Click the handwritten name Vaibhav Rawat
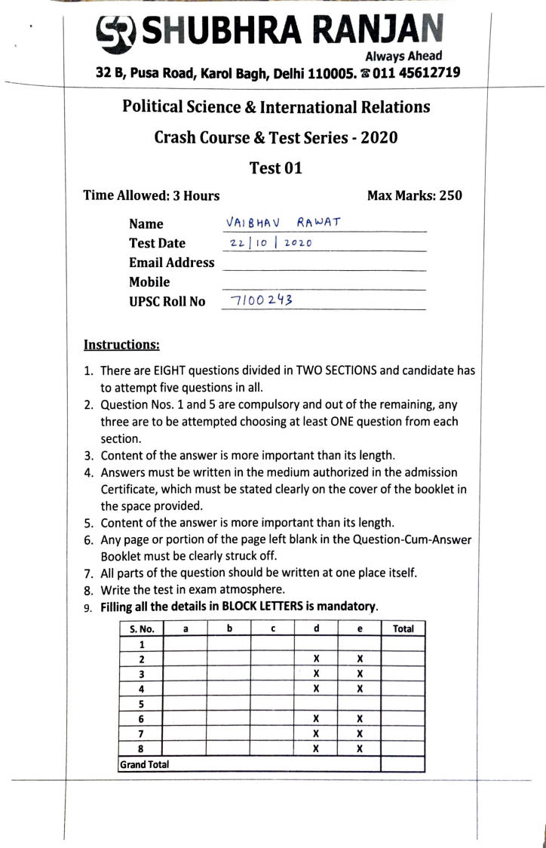click(x=283, y=222)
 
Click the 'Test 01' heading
click(x=276, y=167)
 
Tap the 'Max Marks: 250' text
click(x=414, y=195)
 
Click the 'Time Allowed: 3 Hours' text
click(x=152, y=195)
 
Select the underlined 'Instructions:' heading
click(x=121, y=345)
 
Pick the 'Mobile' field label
click(x=149, y=282)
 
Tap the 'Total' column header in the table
click(x=403, y=628)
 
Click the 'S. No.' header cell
click(x=142, y=628)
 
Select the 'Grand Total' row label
click(x=144, y=764)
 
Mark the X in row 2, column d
click(x=317, y=659)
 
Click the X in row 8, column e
click(x=360, y=749)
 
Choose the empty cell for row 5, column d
click(x=317, y=704)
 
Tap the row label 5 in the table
click(x=142, y=704)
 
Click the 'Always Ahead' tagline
click(x=403, y=56)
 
